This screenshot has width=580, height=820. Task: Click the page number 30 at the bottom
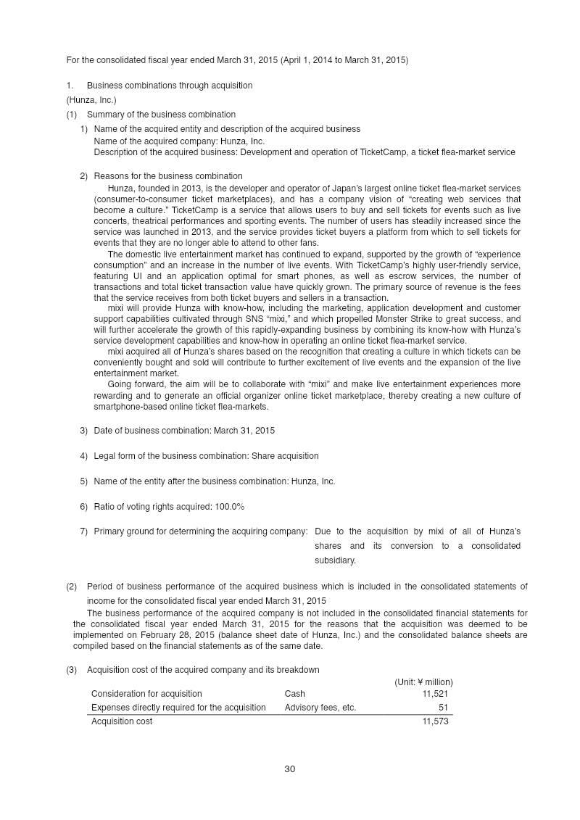coord(290,769)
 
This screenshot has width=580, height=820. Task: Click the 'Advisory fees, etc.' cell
coord(320,708)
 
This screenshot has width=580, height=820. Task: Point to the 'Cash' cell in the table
coord(295,694)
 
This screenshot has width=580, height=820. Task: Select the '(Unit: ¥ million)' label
coord(423,682)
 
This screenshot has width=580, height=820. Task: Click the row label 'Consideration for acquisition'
coord(146,694)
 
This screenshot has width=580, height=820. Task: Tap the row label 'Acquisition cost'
coord(122,721)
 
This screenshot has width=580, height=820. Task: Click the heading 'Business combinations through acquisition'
coord(170,86)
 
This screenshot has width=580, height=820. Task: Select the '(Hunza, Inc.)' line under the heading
coord(91,100)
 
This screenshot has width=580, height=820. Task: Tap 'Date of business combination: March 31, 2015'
coord(184,431)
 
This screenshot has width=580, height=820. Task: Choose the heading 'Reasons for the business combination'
coord(168,176)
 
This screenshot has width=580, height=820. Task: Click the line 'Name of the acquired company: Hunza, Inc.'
coord(179,141)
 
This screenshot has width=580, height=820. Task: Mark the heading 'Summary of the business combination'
coord(161,115)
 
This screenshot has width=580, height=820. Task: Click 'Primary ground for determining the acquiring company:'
coord(201,531)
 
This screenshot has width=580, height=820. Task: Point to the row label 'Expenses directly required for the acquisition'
coord(178,708)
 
